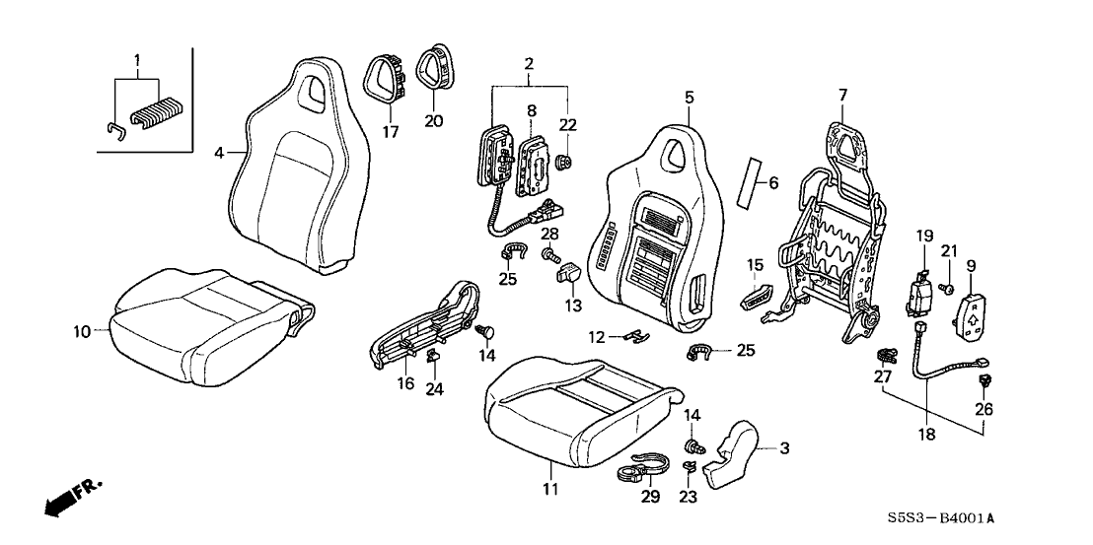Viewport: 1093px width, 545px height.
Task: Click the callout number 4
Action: (219, 153)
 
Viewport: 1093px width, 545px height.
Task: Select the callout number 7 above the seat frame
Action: (842, 95)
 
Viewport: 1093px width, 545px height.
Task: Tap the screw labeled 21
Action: (945, 289)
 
